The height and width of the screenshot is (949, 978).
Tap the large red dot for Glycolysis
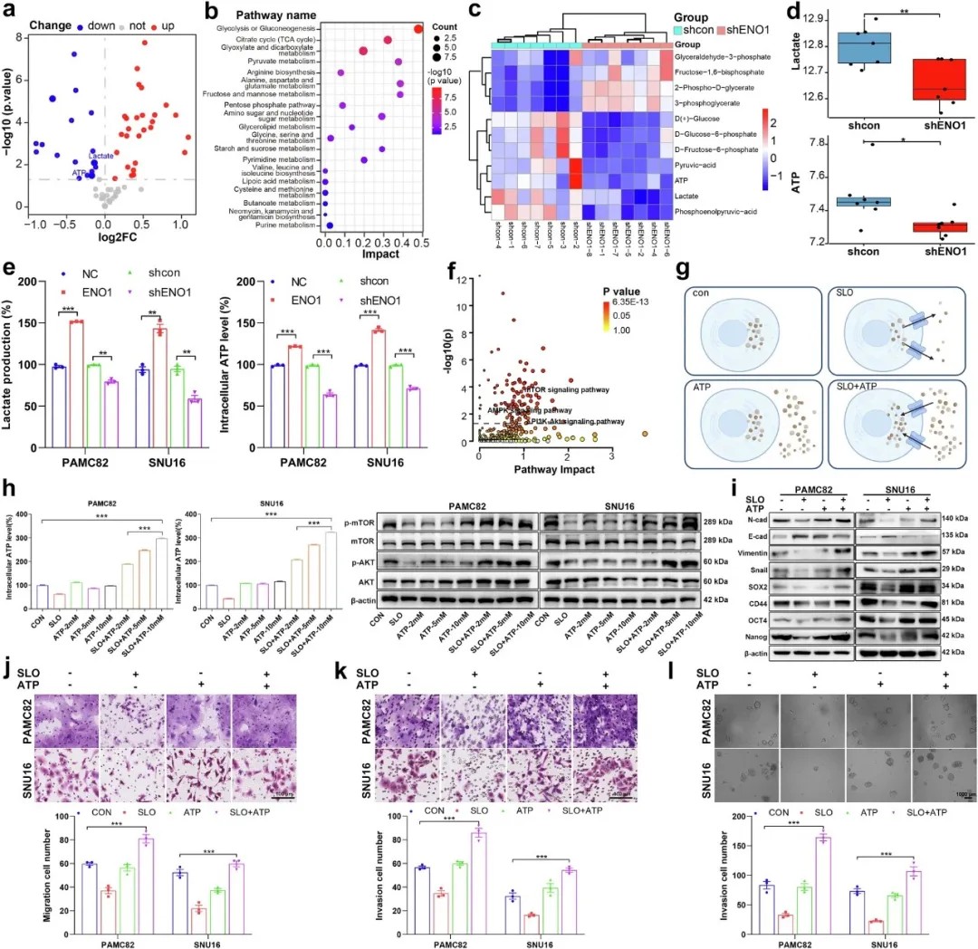tap(417, 30)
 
